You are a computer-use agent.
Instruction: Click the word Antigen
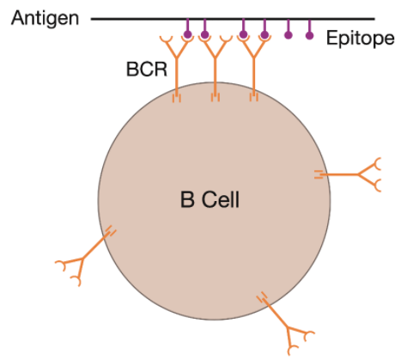45,18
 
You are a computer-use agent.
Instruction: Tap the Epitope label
361,38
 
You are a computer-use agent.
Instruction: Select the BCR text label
147,69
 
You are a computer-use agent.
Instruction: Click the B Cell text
210,199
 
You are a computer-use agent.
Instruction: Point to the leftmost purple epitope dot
187,35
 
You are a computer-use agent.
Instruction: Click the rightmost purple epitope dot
309,35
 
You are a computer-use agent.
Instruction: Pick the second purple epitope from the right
289,35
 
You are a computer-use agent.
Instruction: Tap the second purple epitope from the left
204,35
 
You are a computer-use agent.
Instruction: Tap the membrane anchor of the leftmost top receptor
177,98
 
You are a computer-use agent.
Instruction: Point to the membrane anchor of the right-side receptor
319,174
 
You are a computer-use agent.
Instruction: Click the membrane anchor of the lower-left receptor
110,231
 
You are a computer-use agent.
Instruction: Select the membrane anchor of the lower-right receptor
262,297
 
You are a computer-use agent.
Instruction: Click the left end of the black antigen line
91,19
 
